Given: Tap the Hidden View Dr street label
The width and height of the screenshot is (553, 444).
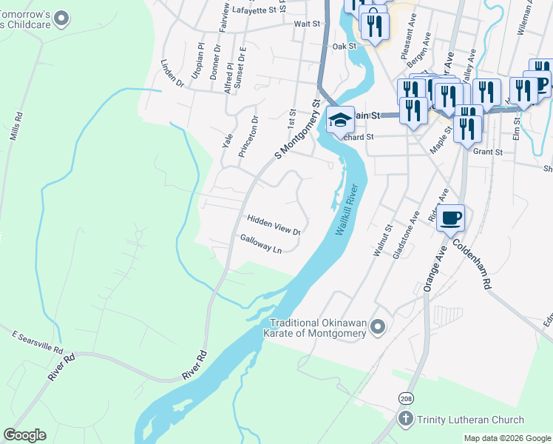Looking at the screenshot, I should click(x=274, y=224).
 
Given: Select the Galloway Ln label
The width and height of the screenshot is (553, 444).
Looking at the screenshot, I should click(x=261, y=244).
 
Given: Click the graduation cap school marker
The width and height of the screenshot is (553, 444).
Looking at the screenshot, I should click(x=339, y=121).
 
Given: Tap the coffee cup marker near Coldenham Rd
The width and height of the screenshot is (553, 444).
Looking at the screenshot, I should click(x=450, y=218).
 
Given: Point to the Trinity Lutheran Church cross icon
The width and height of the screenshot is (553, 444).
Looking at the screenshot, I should click(x=405, y=420).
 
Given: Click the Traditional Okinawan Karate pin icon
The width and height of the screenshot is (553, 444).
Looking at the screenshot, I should click(x=379, y=326).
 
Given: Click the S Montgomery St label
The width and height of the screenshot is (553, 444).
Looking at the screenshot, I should click(x=299, y=130).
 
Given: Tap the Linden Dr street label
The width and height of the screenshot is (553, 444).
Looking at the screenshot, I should click(x=172, y=74).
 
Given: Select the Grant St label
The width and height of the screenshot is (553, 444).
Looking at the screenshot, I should click(x=488, y=152).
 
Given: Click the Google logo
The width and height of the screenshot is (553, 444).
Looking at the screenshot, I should click(x=25, y=435).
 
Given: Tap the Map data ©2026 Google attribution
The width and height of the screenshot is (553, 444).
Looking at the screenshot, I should click(x=506, y=438).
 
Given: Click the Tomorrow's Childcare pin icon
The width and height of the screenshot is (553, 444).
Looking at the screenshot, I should click(x=62, y=17).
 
